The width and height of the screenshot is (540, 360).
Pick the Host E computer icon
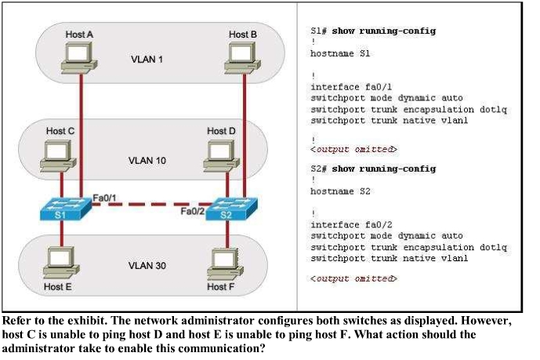(x=58, y=262)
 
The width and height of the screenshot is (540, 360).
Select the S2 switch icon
(x=227, y=210)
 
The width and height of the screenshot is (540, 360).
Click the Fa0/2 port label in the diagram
(x=193, y=211)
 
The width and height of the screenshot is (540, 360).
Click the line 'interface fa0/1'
(x=350, y=87)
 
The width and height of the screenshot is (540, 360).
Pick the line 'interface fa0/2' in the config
(x=350, y=224)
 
